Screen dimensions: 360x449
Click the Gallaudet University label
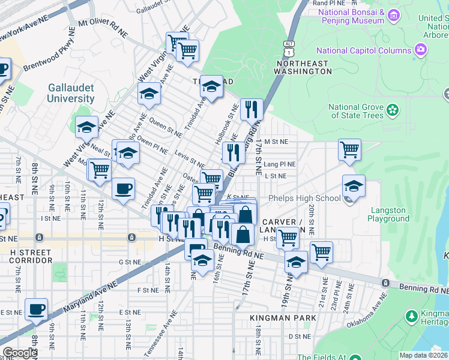click(x=71, y=93)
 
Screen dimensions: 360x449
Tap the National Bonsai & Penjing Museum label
click(x=351, y=16)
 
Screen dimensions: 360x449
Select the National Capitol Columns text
click(x=364, y=50)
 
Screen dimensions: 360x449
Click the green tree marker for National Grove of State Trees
click(x=393, y=110)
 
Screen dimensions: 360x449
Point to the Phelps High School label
click(x=304, y=199)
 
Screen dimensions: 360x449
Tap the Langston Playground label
click(x=390, y=214)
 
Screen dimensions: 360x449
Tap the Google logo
click(x=20, y=353)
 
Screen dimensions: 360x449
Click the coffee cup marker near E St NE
click(x=37, y=309)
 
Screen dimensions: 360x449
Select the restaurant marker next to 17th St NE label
click(x=252, y=109)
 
